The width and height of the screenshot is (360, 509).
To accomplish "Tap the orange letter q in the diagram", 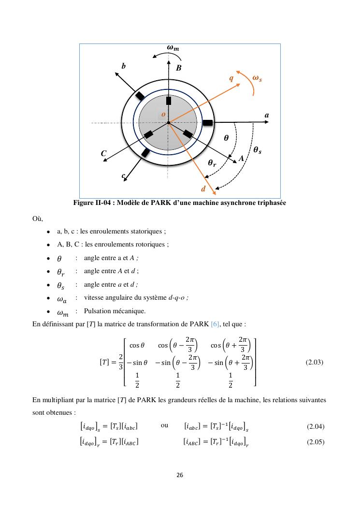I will point(231,77).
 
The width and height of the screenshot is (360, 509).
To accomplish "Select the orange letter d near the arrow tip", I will point(203,189).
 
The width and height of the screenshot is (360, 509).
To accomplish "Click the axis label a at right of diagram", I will point(267,116).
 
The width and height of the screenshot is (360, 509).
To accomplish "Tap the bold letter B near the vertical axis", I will point(178,68).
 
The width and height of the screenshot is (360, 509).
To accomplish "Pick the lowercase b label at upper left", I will point(123,66).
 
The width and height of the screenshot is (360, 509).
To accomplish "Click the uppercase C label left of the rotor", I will point(103,153).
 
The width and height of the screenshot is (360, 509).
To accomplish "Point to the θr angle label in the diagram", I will point(212,163).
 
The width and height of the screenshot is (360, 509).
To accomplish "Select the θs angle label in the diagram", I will point(258,150).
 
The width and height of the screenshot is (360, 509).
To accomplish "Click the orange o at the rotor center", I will point(163,114).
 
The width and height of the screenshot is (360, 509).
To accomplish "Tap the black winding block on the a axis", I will point(208,123).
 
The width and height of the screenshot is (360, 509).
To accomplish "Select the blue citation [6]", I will point(216,323).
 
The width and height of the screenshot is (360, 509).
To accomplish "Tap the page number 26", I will point(180,475).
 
